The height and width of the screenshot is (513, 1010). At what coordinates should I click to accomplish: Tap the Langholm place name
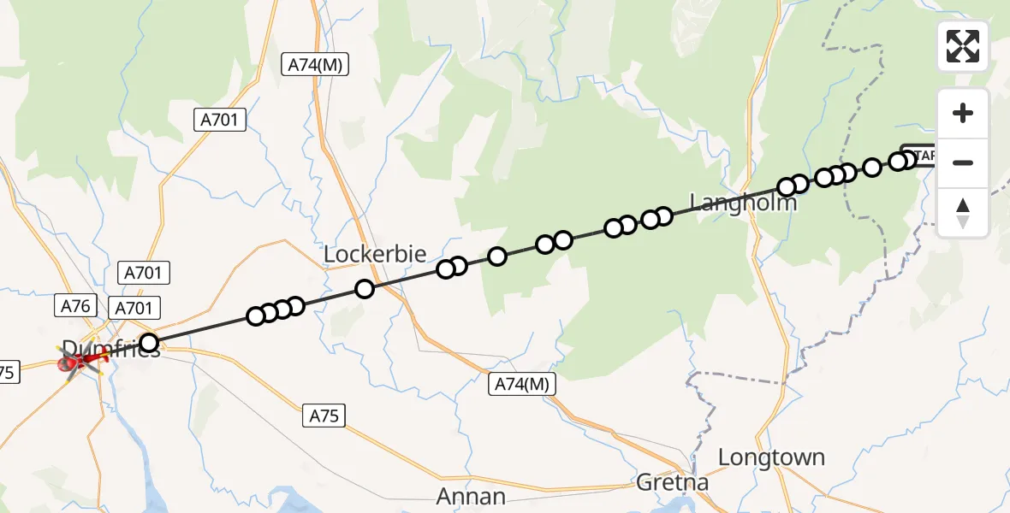point(743,203)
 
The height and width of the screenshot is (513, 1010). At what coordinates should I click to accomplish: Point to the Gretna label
point(673,483)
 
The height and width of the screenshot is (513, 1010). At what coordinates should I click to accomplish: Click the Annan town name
point(471,496)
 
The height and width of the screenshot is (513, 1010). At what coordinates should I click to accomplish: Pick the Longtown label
point(771,457)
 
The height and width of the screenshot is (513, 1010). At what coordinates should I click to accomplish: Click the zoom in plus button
point(963,113)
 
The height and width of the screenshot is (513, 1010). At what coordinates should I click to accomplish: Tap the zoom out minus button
point(963,162)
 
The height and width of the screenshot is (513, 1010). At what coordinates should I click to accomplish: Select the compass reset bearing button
point(963,211)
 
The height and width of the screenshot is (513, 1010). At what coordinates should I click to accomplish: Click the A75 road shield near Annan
point(324,416)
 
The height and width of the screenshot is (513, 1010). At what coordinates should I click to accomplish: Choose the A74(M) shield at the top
point(315,64)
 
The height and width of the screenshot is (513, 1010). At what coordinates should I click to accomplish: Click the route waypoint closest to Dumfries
point(149,344)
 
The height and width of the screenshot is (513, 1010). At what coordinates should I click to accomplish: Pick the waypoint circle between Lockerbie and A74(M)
point(365,289)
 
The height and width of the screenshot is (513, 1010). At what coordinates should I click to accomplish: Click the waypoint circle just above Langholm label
point(787,186)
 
